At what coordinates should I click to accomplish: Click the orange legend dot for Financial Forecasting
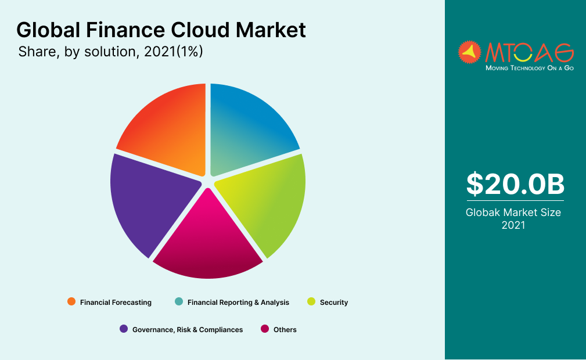tap(71, 301)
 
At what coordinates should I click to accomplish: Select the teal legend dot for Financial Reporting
tap(179, 301)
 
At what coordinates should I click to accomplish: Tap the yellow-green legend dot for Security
tap(311, 301)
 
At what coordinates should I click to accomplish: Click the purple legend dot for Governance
tap(124, 329)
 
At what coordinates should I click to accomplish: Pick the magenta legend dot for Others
tap(265, 329)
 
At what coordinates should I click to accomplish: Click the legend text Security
tap(334, 302)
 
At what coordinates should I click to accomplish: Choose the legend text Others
tap(285, 329)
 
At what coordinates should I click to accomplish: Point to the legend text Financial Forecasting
tap(116, 302)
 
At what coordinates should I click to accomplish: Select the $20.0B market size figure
tap(515, 185)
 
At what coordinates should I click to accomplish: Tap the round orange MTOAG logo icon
tap(470, 52)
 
